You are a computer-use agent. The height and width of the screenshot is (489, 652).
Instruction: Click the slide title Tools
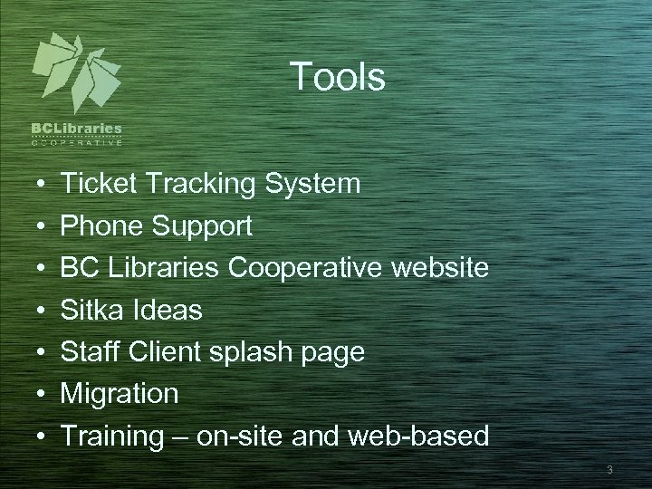tap(338, 78)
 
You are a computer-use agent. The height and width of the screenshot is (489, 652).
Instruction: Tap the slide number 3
tap(610, 469)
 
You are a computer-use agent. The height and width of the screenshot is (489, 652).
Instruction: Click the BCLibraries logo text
tap(77, 129)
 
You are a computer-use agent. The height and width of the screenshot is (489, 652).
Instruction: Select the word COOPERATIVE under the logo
tap(77, 142)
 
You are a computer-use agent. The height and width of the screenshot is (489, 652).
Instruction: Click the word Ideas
tap(170, 311)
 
